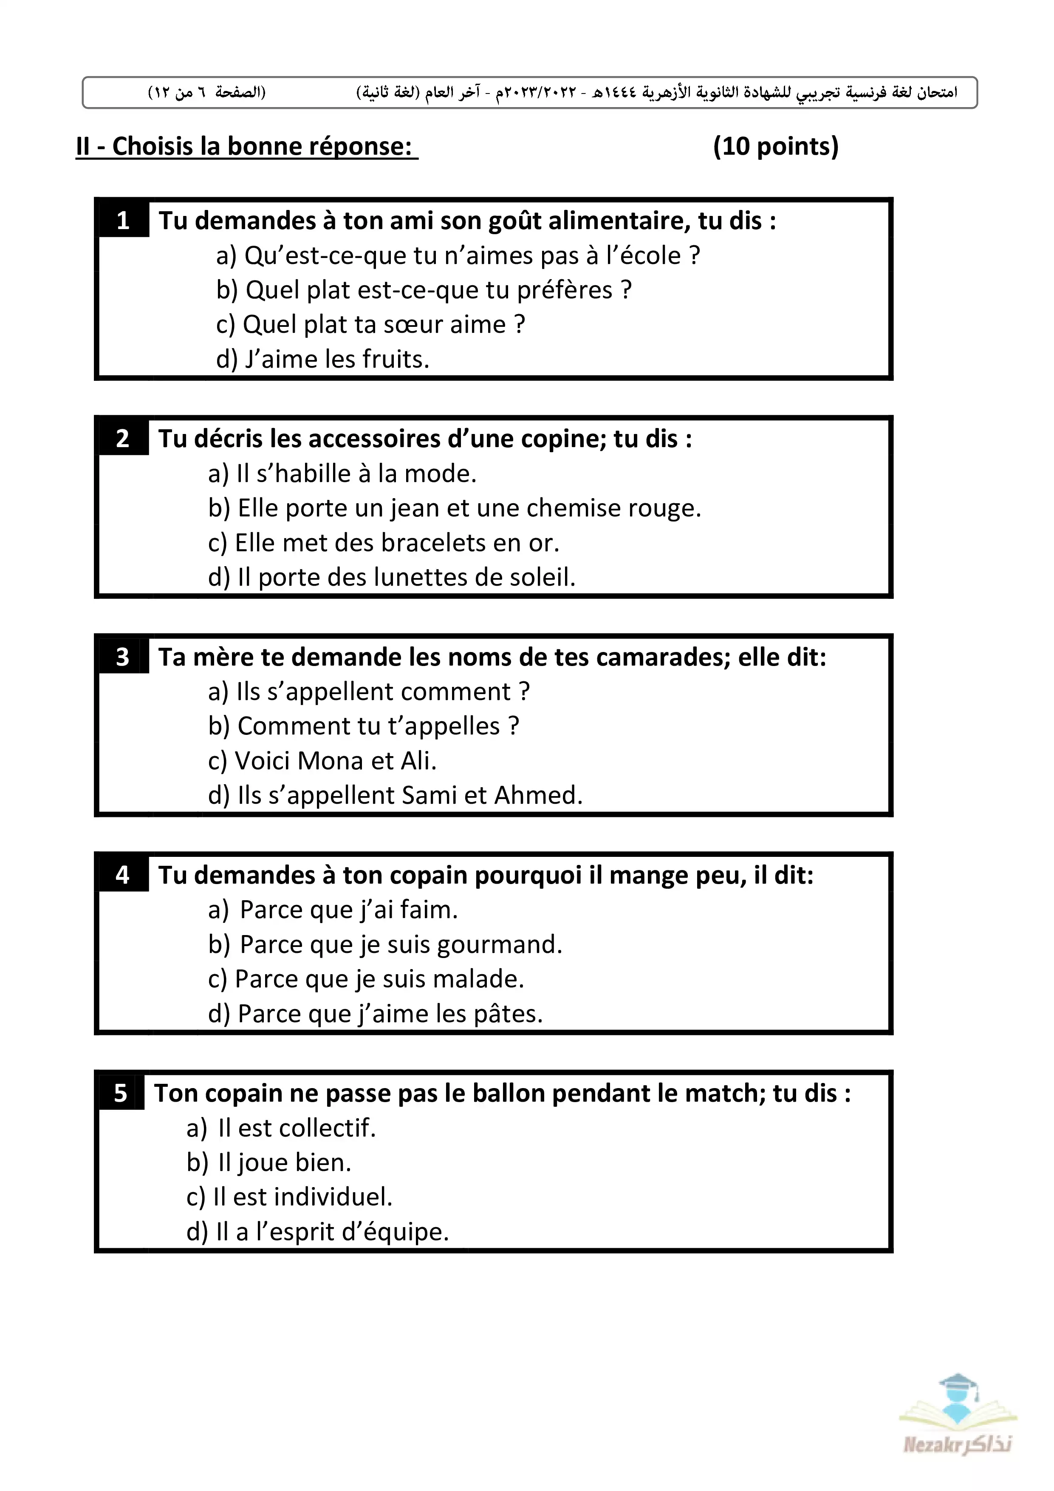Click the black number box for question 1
pos(123,221)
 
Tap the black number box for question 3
pos(123,657)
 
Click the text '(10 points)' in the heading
pos(776,146)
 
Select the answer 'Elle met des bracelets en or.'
pos(384,543)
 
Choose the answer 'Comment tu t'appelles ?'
pos(364,726)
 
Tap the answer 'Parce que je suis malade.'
pos(366,979)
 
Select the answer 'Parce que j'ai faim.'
pos(333,910)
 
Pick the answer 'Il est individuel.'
pos(289,1197)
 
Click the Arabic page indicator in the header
pos(207,92)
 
